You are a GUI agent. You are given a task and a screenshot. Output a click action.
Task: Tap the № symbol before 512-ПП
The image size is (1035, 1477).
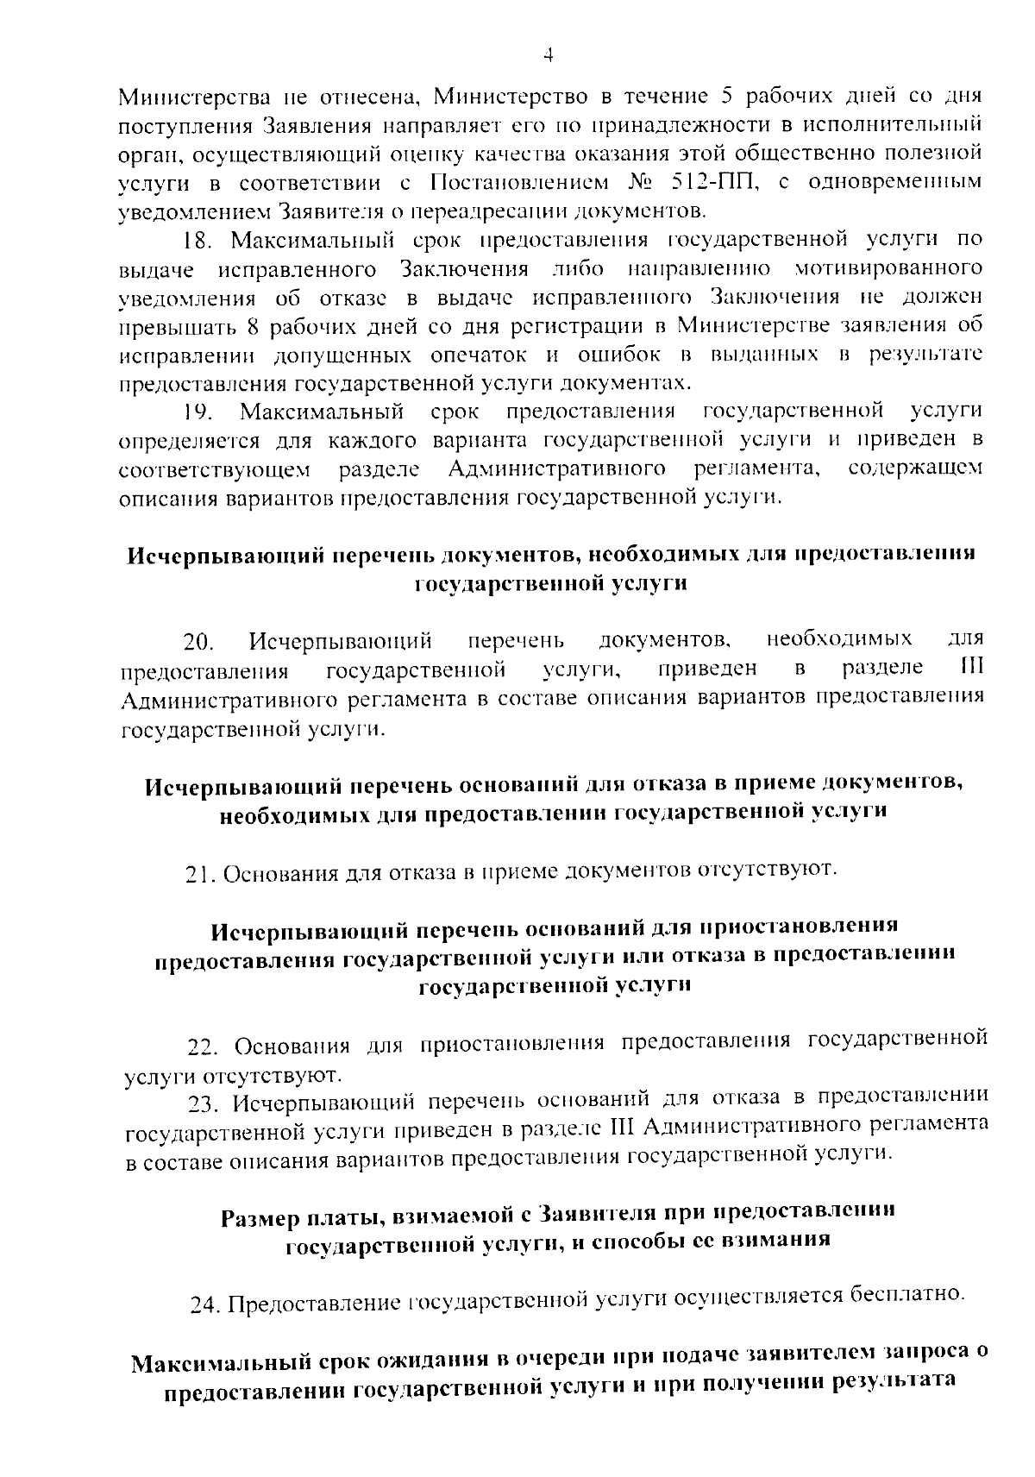[633, 183]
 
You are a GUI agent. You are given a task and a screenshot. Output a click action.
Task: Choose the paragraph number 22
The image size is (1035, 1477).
[204, 1046]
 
